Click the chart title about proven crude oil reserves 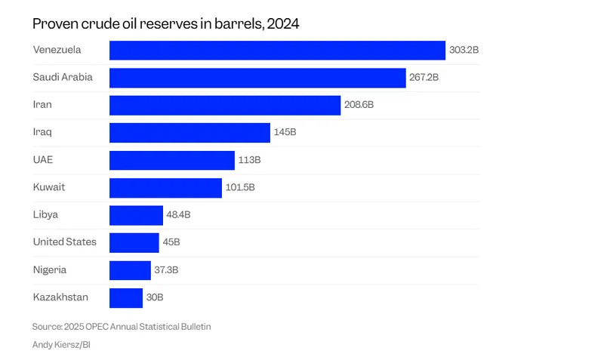[x=165, y=23]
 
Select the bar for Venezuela [x=277, y=51]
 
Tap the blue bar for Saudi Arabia [x=257, y=78]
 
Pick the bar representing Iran [x=225, y=106]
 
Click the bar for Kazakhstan [x=126, y=297]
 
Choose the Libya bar [x=136, y=215]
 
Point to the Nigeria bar [x=130, y=270]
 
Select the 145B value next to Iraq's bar [x=285, y=133]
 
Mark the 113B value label [x=250, y=160]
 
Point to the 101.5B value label [x=240, y=188]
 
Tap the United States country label [x=65, y=242]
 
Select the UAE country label [x=43, y=160]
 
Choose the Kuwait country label [x=48, y=187]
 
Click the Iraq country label [x=42, y=132]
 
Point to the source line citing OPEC [x=122, y=327]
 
